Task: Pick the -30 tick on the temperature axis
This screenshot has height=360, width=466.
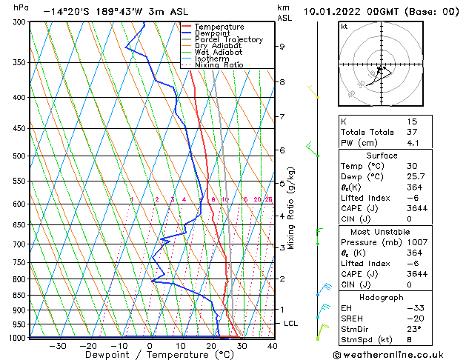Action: (56, 345)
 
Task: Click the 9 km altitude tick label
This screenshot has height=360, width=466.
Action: (282, 47)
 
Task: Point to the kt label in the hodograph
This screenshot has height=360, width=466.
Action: (344, 27)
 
